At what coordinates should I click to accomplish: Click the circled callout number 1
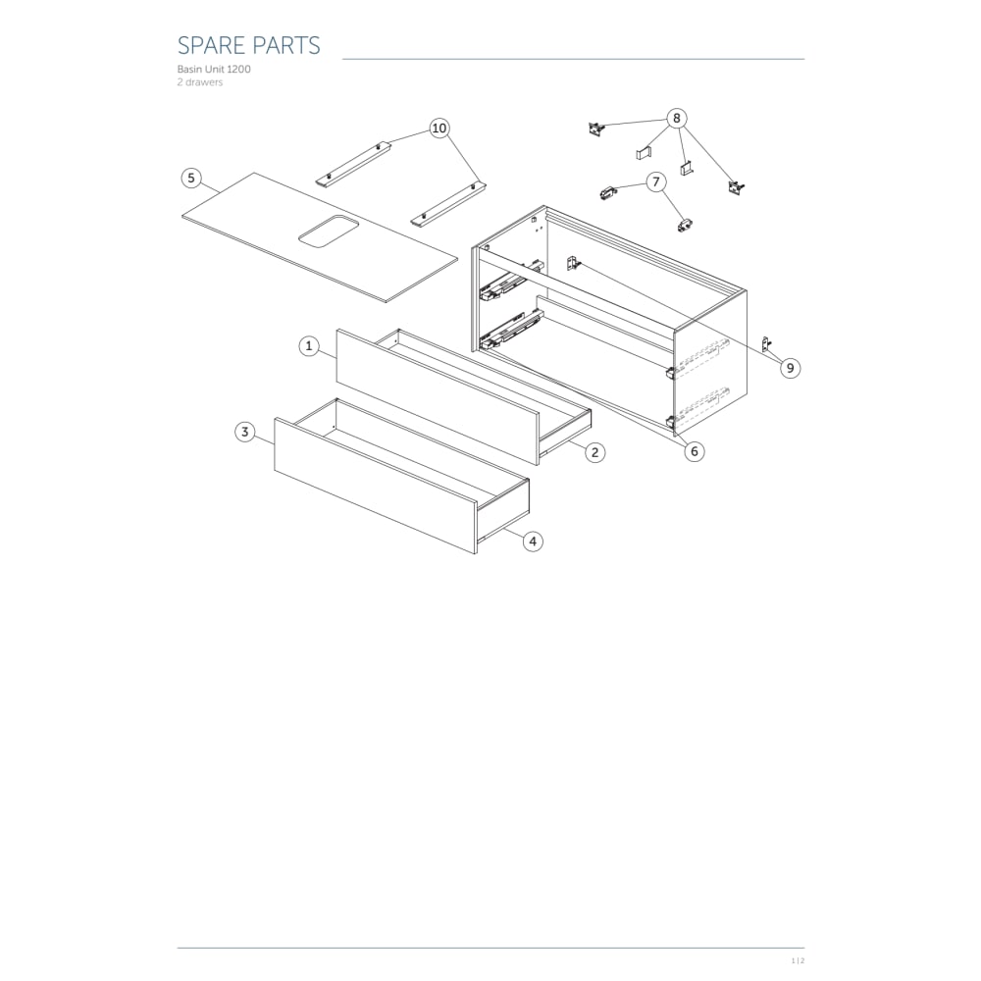tap(308, 346)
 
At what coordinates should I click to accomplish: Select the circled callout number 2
tap(595, 452)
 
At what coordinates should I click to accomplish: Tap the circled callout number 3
tap(244, 432)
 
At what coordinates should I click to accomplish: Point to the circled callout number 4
tap(533, 542)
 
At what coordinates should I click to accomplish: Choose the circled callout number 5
tap(191, 179)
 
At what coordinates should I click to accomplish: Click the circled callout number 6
tap(695, 451)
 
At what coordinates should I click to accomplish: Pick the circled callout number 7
tap(655, 182)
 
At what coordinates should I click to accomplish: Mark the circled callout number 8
tap(676, 119)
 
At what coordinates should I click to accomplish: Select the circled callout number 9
tap(790, 368)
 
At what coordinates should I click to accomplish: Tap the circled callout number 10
tap(439, 129)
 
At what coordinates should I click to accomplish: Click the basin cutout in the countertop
tap(329, 231)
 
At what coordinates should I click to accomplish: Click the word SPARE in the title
tap(210, 46)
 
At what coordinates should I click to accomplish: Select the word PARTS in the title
tap(285, 46)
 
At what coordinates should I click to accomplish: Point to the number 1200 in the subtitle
tap(239, 69)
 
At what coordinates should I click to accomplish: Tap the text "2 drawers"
tap(199, 82)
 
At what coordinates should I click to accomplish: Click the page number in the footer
tap(798, 960)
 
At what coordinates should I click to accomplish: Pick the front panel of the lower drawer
tap(376, 487)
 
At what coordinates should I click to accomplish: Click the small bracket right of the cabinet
tap(766, 342)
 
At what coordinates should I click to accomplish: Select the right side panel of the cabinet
tap(709, 363)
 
